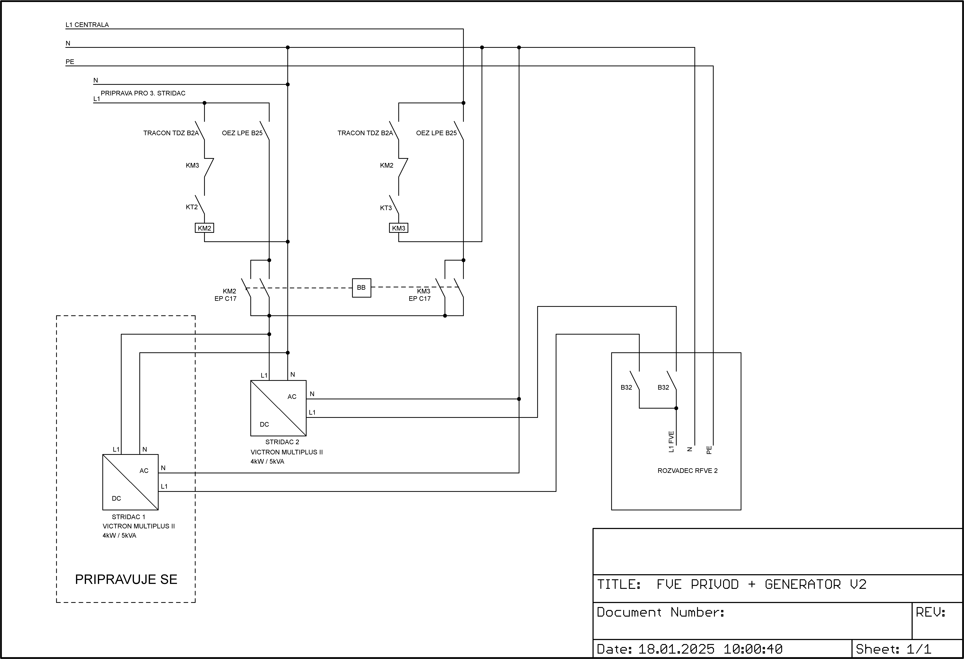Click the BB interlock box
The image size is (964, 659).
click(361, 288)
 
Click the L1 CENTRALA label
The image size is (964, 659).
click(87, 25)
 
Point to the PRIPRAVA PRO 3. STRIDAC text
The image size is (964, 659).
click(143, 93)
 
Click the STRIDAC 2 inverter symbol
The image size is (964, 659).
click(278, 408)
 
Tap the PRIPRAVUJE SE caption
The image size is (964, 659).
click(126, 579)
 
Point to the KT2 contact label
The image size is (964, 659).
click(192, 207)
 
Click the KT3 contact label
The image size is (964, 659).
click(386, 208)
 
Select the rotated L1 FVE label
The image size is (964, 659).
click(671, 442)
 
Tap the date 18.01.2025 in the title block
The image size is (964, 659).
click(676, 649)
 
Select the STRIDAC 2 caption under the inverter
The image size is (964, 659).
click(282, 442)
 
